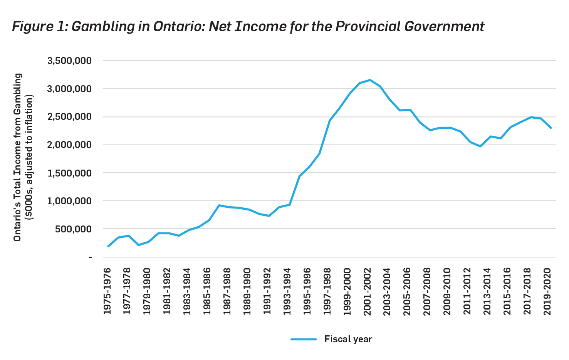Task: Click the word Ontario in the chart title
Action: [180, 27]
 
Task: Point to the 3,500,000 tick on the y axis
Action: [69, 61]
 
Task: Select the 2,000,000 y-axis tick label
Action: [69, 145]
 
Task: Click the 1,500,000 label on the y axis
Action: [69, 173]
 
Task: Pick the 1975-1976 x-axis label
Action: [107, 291]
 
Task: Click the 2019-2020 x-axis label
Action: [547, 291]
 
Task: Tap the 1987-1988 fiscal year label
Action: [227, 291]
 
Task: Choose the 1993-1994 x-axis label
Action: [287, 291]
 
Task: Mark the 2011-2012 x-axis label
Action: [467, 291]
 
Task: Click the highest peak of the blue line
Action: [370, 80]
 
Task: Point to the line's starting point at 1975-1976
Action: [108, 246]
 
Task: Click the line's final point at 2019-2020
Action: [551, 128]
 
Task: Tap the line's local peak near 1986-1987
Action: [219, 205]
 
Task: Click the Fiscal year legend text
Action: [348, 339]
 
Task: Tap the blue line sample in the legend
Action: [304, 339]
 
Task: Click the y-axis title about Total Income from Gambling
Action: [18, 157]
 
